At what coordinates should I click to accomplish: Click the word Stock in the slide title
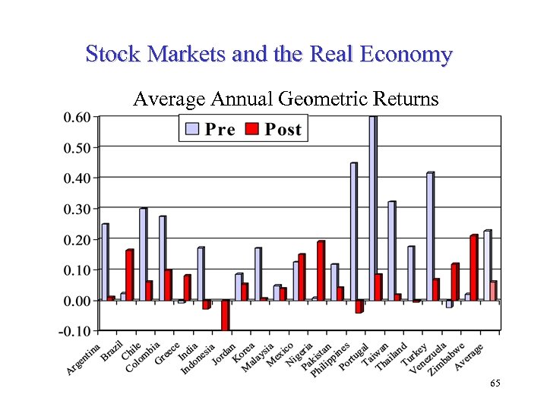click(x=109, y=55)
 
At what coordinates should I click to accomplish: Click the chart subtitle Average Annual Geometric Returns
click(x=286, y=99)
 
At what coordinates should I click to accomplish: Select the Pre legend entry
click(x=210, y=129)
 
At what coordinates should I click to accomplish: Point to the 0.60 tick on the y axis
click(x=75, y=117)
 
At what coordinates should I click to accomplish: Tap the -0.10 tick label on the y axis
click(x=74, y=331)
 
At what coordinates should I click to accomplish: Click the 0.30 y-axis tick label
click(x=75, y=209)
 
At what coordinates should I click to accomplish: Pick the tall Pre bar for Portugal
click(x=372, y=209)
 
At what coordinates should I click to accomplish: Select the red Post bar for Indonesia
click(x=225, y=315)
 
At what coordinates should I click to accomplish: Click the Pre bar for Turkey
click(x=430, y=236)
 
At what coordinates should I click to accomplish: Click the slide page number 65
click(x=495, y=385)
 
